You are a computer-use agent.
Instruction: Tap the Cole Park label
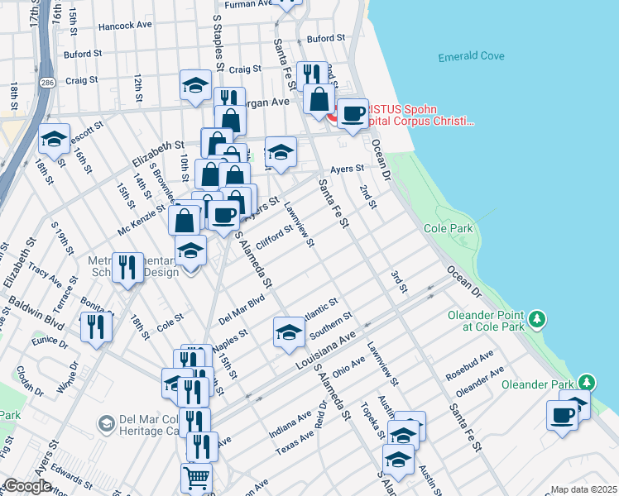click(447, 227)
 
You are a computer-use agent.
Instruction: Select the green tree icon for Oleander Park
click(587, 383)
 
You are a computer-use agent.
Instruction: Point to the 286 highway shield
click(49, 83)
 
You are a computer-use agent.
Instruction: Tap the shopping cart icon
click(196, 478)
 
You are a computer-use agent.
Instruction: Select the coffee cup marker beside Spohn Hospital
click(353, 113)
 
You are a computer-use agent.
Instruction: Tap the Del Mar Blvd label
click(241, 309)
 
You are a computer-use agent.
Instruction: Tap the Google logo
click(28, 486)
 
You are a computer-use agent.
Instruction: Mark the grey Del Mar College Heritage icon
click(105, 423)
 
